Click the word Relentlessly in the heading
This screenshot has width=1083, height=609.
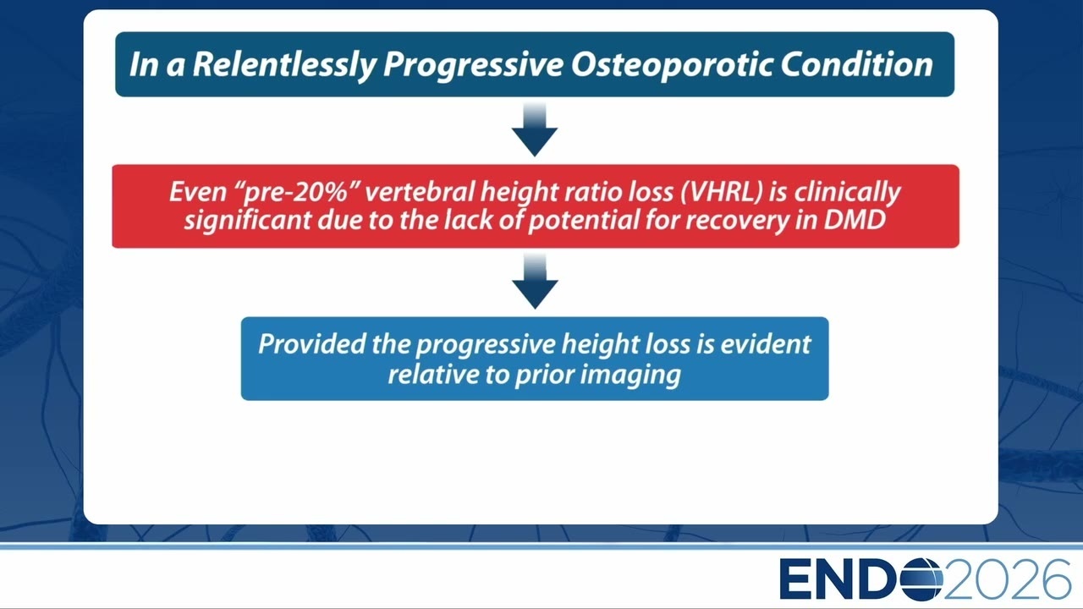pos(284,65)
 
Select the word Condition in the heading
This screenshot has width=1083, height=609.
pos(856,64)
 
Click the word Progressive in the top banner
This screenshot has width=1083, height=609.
pos(473,65)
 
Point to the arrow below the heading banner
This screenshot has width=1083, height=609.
pos(535,129)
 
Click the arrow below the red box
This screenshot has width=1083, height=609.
pos(535,282)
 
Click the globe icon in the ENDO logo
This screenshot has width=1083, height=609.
pos(922,579)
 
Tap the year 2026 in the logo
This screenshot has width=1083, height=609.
pos(1007,579)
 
